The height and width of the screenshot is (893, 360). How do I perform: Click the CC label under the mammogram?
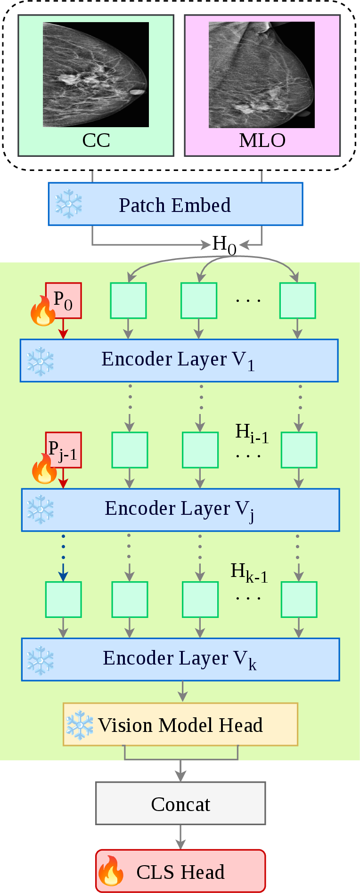coord(96,140)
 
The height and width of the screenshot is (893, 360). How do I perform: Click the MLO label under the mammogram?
coord(262,140)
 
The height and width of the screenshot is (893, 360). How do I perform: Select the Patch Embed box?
coord(175,204)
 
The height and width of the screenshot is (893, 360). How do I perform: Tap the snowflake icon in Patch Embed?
coord(69,204)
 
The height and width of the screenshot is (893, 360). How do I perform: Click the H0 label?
coord(224,245)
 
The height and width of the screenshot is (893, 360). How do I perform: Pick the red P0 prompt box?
coord(63,300)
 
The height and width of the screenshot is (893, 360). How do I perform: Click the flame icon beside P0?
coord(43,310)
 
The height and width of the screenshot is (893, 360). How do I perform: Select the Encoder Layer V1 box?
coord(179,360)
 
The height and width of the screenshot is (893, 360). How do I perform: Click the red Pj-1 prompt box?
coord(63,450)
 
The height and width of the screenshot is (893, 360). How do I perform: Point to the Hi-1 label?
coord(252,433)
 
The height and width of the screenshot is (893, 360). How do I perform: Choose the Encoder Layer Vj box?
coord(180,510)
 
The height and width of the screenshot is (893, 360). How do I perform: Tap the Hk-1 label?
coord(249,573)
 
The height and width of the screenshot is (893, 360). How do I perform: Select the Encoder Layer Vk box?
coord(180,659)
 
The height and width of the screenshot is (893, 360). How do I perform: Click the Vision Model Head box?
coord(180,724)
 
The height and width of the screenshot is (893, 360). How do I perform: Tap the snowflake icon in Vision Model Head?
coord(80,725)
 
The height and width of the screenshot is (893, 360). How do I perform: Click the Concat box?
coord(180,803)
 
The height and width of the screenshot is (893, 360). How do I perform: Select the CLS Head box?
coord(180,871)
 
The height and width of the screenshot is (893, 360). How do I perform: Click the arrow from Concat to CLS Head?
coord(180,837)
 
